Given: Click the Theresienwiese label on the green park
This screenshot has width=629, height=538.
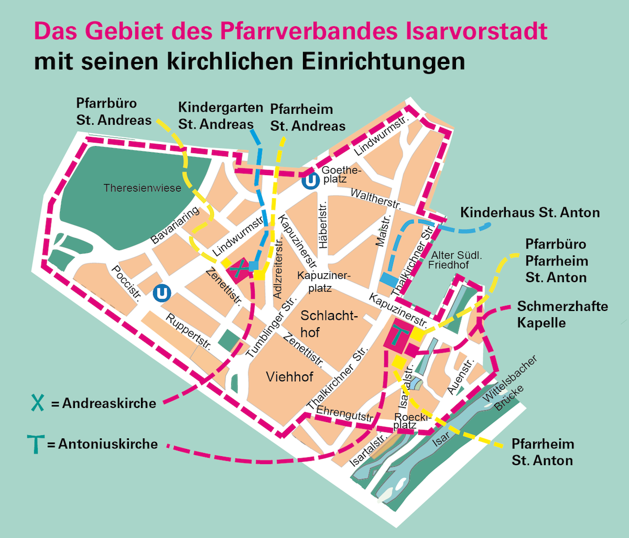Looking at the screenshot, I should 142,188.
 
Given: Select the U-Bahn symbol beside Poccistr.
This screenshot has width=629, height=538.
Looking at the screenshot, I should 162,293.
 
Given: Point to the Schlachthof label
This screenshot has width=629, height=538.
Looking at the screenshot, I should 329,324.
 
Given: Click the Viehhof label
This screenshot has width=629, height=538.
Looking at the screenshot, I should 289,376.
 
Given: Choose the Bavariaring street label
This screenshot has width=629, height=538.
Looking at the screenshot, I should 175,225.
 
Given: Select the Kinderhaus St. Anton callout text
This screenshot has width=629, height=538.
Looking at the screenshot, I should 529,213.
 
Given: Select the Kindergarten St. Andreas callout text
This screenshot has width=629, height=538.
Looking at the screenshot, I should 220,116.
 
